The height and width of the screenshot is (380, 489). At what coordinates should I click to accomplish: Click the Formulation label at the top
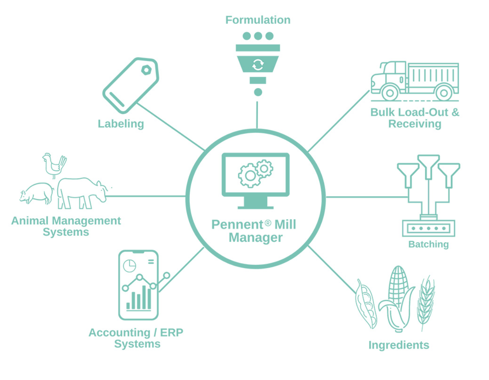tap(258, 20)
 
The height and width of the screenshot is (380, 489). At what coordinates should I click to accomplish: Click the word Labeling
tap(121, 124)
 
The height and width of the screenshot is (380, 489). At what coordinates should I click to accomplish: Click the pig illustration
tap(36, 193)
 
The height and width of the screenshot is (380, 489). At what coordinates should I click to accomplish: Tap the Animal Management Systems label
tap(66, 226)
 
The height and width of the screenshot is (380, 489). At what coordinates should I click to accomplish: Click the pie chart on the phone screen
tap(130, 265)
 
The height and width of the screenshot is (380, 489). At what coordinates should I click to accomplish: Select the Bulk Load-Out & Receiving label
tap(415, 118)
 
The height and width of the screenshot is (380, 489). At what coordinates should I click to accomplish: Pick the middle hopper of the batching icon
tap(428, 167)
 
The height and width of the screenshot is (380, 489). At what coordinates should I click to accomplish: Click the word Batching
tap(428, 244)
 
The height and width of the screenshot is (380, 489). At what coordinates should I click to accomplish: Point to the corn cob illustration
tap(397, 298)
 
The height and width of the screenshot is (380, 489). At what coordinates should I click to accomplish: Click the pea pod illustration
tap(365, 304)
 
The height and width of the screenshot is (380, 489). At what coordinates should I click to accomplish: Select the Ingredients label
tap(399, 345)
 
